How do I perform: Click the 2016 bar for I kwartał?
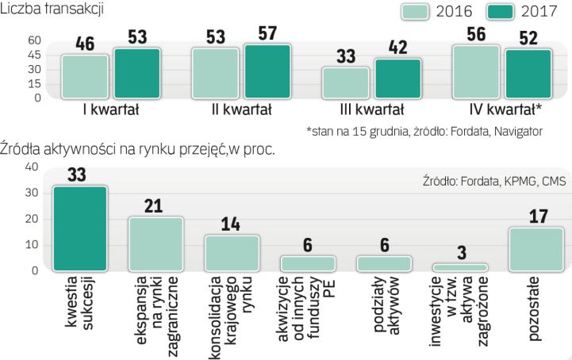click(85, 77)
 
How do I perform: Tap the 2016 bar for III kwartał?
click(345, 82)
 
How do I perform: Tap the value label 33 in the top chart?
click(345, 57)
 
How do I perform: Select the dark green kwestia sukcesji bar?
click(80, 228)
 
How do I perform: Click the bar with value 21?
click(155, 243)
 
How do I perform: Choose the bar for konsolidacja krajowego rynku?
click(232, 253)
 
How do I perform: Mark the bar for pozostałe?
click(536, 249)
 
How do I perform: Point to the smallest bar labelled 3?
click(460, 267)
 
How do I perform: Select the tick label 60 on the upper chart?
click(12, 40)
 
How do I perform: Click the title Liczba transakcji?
click(52, 10)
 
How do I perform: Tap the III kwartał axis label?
click(370, 111)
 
